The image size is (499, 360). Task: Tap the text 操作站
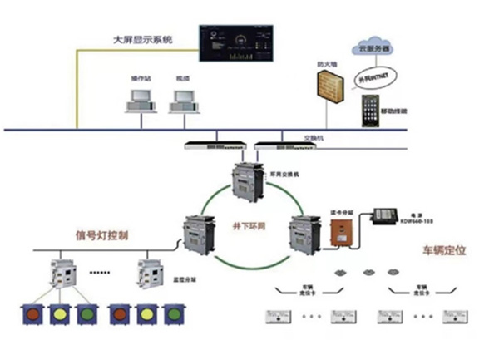click(x=141, y=77)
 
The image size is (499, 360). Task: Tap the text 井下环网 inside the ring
click(x=246, y=225)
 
